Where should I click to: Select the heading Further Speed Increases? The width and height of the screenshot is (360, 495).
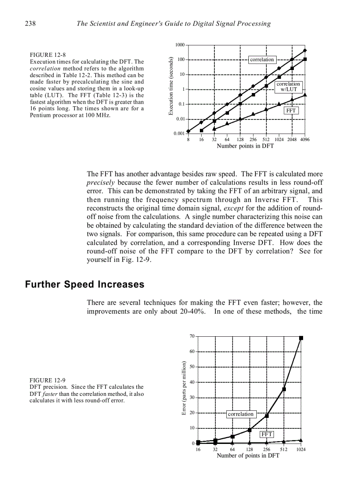85,284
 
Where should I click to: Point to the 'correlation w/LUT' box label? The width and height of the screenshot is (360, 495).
288,86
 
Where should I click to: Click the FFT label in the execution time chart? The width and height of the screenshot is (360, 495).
291,111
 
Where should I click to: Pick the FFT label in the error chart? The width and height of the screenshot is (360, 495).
267,434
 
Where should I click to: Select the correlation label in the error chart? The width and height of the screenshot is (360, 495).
240,414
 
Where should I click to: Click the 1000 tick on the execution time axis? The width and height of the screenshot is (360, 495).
180,45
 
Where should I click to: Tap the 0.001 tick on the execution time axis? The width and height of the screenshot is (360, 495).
179,134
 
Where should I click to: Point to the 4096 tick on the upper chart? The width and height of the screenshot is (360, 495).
304,140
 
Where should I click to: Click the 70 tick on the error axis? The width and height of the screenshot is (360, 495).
192,336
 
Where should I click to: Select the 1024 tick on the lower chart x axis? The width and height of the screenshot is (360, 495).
300,450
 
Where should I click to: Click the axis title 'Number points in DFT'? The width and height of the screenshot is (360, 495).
245,146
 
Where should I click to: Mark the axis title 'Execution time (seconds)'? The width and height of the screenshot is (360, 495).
170,86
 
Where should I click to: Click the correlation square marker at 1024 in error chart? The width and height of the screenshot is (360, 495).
301,338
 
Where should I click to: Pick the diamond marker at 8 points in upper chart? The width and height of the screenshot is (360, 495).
188,131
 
